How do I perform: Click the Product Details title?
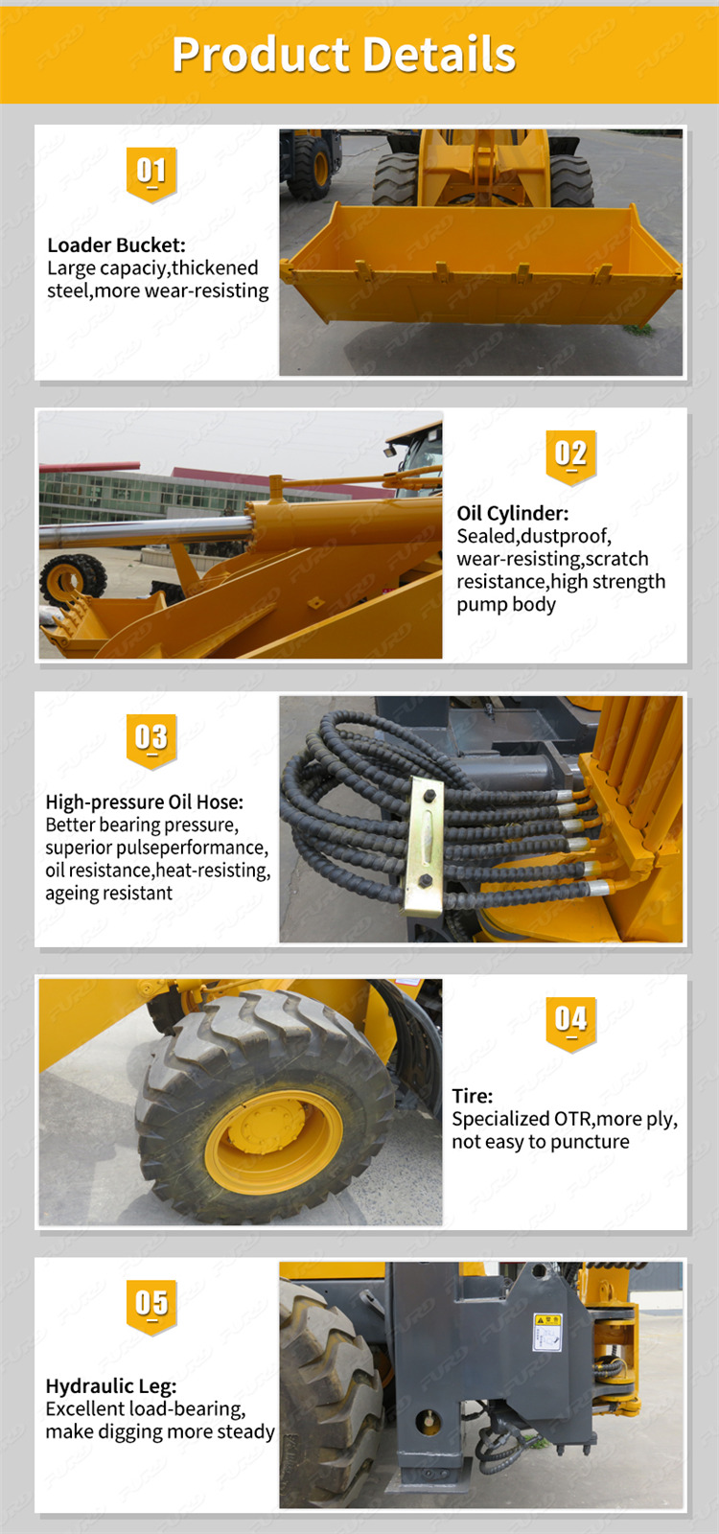coord(344,55)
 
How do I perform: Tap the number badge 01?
coord(151,173)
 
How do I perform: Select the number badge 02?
coord(570,454)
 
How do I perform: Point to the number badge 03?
coord(151,738)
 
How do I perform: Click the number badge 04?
coord(570,1021)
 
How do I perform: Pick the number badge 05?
coord(151,1304)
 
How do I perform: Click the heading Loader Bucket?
coord(116,245)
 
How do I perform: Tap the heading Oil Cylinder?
coord(512,513)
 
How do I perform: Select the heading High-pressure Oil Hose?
coord(144,802)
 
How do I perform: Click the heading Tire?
coord(472,1096)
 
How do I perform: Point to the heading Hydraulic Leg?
coord(110,1385)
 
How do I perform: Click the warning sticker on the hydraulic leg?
coord(547,1332)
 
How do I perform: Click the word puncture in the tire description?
coord(590,1142)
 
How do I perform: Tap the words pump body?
coord(505,605)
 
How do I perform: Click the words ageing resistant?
coord(108,894)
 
